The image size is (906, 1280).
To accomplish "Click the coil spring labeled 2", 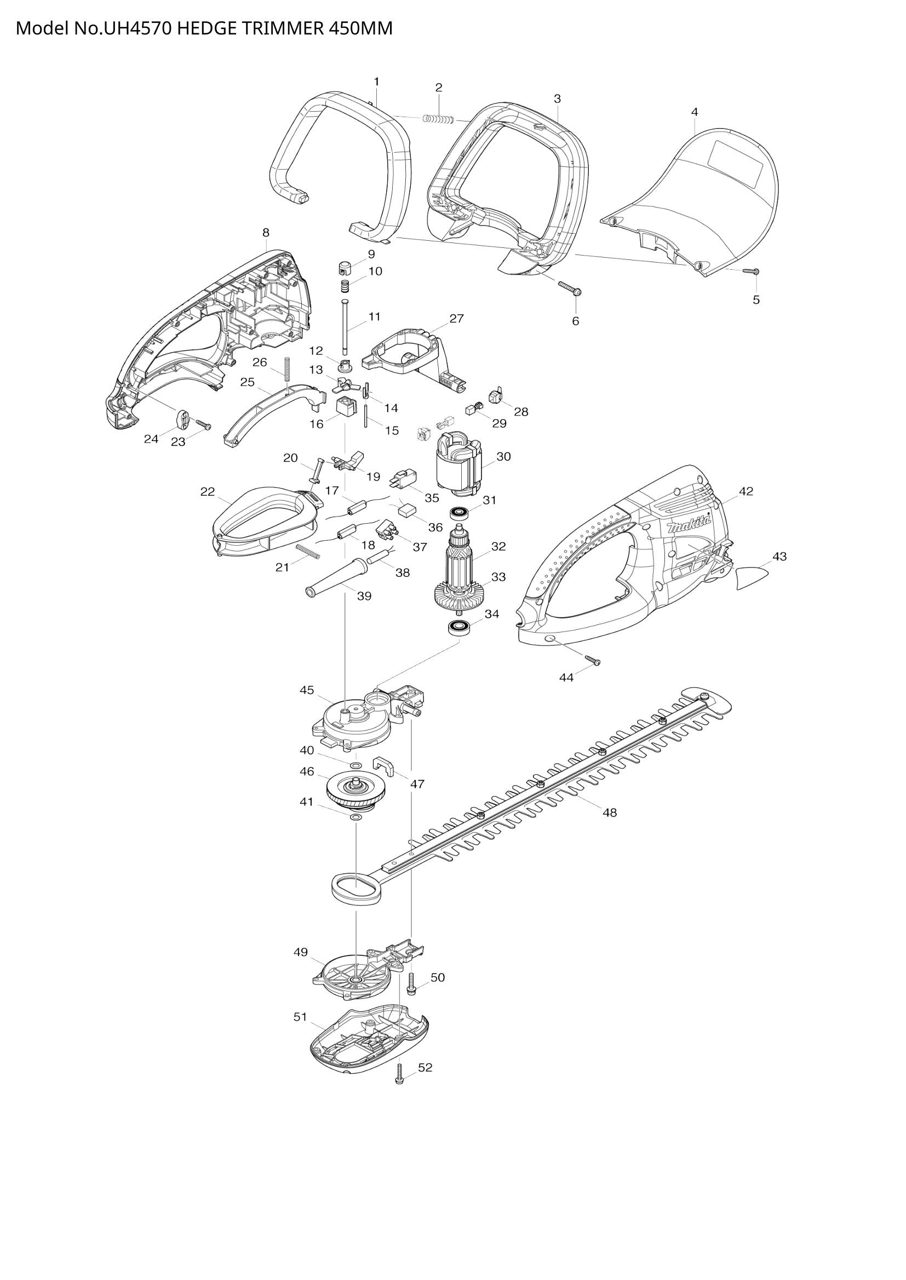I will [439, 118].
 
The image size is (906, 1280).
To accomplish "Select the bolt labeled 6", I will [570, 288].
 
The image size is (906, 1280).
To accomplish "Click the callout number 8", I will [266, 232].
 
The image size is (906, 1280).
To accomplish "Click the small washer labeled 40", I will [355, 764].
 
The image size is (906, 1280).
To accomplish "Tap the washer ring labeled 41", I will [355, 817].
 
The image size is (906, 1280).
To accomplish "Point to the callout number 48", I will [610, 813].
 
